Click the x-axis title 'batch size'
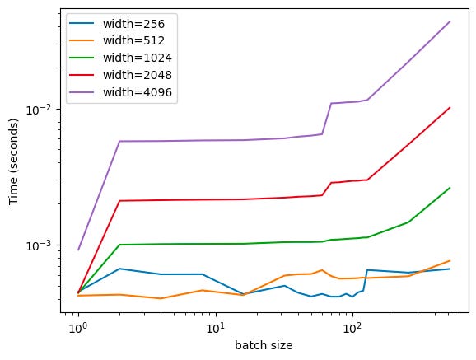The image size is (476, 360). click(265, 346)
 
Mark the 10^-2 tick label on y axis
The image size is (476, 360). click(44, 110)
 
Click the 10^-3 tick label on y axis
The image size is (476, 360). click(44, 245)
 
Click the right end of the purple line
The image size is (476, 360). click(450, 21)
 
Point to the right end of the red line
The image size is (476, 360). click(450, 107)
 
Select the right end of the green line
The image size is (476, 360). click(450, 188)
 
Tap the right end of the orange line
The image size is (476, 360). click(450, 260)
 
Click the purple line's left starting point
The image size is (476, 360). click(78, 250)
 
